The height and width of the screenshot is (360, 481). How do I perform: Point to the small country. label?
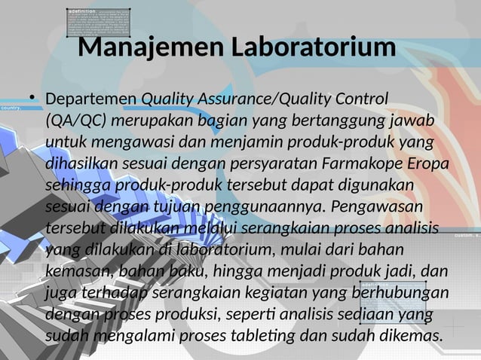point(11,108)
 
